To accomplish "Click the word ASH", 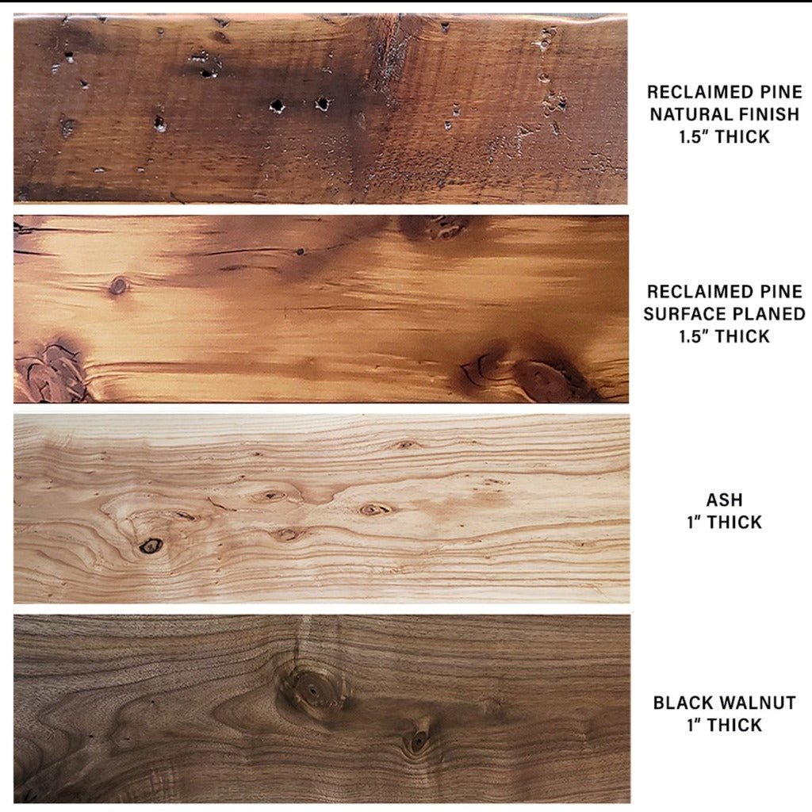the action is tap(725, 500).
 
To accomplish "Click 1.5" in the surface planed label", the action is tap(695, 336).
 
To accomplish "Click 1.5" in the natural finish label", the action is tap(695, 136).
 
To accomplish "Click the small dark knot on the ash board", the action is tap(151, 546).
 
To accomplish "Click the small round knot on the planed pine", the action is tap(119, 285).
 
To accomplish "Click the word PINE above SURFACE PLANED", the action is tap(781, 292).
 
